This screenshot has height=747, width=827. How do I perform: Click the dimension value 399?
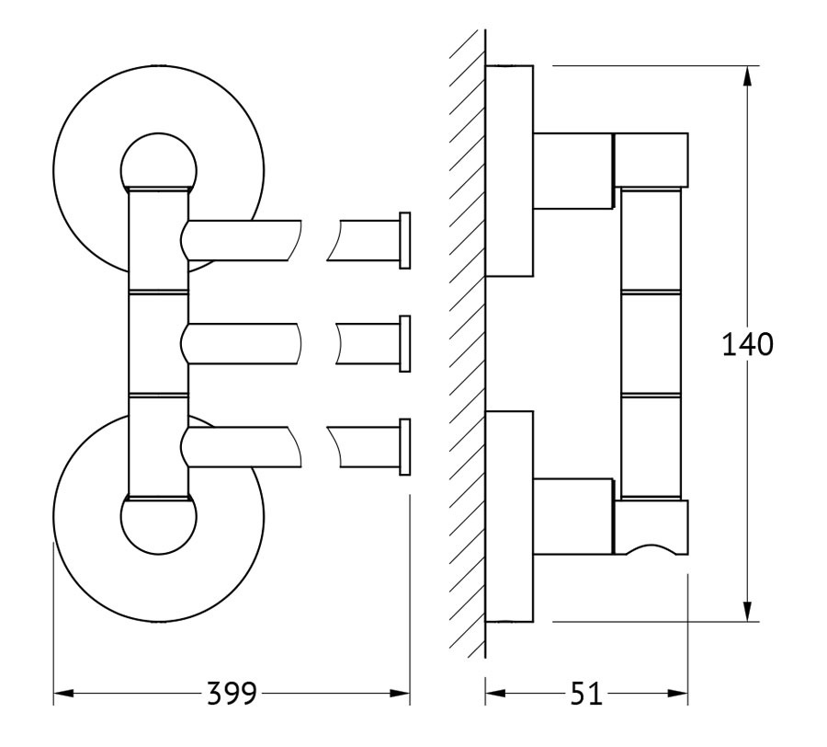click(x=231, y=693)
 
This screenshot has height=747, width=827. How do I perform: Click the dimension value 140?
click(x=747, y=344)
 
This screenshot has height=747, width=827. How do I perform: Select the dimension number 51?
click(x=586, y=693)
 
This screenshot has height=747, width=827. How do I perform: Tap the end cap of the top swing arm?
click(x=405, y=241)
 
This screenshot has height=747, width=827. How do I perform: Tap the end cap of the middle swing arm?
click(x=405, y=344)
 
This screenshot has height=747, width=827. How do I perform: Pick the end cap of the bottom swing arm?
click(x=405, y=446)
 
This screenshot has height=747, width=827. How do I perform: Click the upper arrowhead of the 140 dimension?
click(x=747, y=76)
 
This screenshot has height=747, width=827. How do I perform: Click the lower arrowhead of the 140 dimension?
click(x=747, y=611)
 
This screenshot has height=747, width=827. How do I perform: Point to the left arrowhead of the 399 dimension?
click(x=63, y=693)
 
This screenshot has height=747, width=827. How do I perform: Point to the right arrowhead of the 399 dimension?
click(x=401, y=693)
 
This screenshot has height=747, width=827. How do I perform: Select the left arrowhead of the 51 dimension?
click(x=495, y=693)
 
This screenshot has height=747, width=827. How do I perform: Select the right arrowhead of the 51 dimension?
click(x=678, y=693)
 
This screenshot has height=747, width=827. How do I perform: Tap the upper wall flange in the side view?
click(x=509, y=171)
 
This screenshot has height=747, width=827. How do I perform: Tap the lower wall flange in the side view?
click(x=509, y=516)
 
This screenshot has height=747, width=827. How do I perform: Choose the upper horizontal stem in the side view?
click(x=573, y=171)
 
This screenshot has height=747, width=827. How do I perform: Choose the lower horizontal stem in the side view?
click(x=573, y=516)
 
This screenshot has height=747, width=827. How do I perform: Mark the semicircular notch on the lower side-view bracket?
click(x=651, y=546)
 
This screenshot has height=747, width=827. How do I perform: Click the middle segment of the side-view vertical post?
click(x=651, y=343)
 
